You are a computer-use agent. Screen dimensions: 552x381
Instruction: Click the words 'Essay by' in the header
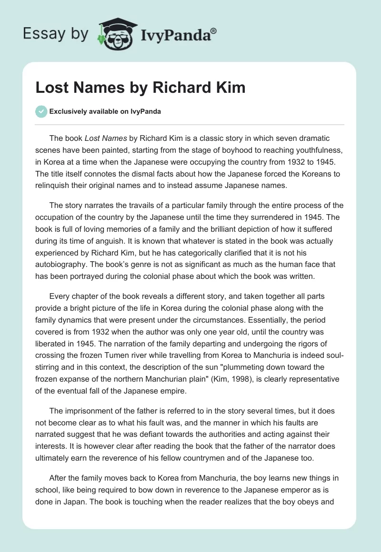tap(56, 33)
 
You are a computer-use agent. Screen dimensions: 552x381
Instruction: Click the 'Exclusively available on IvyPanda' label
tap(105, 112)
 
